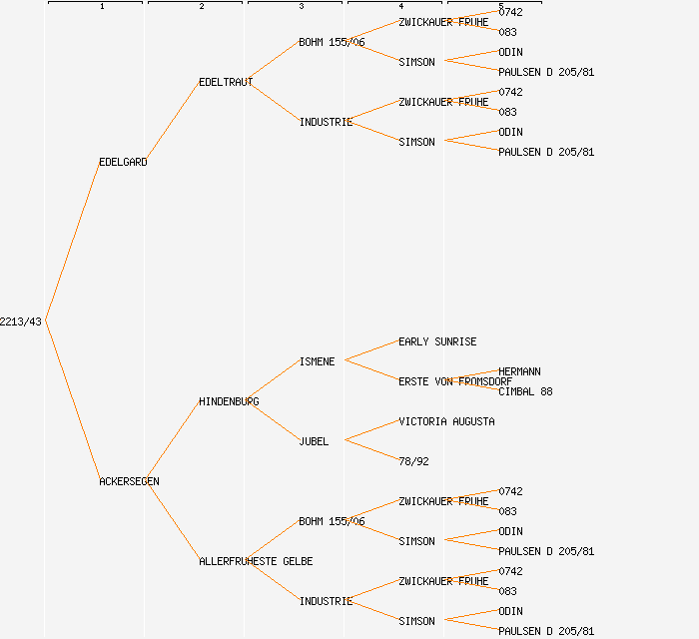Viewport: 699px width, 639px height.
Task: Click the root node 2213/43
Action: tap(21, 321)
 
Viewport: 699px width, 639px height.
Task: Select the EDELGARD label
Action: tap(123, 162)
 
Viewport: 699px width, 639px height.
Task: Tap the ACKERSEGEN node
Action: tap(129, 481)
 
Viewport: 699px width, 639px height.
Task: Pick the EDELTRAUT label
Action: tap(226, 82)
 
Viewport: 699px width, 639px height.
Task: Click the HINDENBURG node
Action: tap(229, 401)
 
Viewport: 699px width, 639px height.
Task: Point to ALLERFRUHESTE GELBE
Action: tap(256, 561)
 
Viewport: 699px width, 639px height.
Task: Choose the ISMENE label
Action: tap(318, 361)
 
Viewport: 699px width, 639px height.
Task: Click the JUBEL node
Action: tap(314, 441)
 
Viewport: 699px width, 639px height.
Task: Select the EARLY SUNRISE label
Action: tap(437, 341)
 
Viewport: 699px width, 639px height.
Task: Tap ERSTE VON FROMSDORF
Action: tap(455, 381)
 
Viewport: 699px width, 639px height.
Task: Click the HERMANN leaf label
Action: tap(519, 371)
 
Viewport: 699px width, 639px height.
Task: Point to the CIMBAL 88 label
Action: tap(525, 391)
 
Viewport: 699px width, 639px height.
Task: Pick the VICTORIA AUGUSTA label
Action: tap(446, 421)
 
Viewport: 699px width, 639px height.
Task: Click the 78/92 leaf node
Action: tap(413, 461)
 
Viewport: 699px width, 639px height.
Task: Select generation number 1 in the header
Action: tap(101, 7)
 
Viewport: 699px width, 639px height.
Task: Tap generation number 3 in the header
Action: tap(301, 7)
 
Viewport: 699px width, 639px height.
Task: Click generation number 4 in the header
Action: tap(400, 7)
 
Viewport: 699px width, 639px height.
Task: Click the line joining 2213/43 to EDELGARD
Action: tap(72, 242)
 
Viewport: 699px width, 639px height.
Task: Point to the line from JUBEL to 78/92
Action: tap(369, 450)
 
